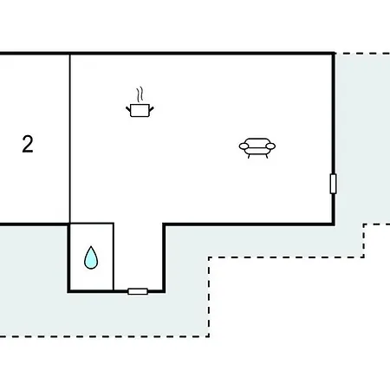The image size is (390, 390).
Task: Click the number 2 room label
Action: pyautogui.click(x=28, y=144)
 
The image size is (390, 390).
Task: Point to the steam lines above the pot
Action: pyautogui.click(x=140, y=94)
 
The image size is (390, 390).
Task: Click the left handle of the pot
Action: pyautogui.click(x=128, y=109)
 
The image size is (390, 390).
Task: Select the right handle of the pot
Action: pyautogui.click(x=152, y=109)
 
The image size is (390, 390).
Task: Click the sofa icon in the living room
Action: pyautogui.click(x=257, y=148)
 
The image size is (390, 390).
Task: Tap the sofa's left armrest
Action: pyautogui.click(x=244, y=146)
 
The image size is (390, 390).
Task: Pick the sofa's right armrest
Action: pyautogui.click(x=270, y=146)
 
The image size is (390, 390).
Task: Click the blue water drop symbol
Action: pyautogui.click(x=91, y=258)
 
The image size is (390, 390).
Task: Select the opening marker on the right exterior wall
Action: pyautogui.click(x=333, y=184)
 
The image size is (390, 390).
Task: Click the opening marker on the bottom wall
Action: pyautogui.click(x=138, y=291)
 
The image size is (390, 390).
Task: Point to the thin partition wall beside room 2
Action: pyautogui.click(x=70, y=139)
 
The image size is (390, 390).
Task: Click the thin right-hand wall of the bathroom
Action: pyautogui.click(x=114, y=257)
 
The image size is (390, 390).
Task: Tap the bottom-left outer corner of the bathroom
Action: pyautogui.click(x=68, y=292)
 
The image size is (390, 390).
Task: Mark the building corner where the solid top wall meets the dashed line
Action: pyautogui.click(x=334, y=53)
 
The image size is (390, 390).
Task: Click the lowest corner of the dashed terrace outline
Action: pyautogui.click(x=209, y=336)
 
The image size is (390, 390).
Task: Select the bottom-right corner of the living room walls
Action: pyautogui.click(x=334, y=224)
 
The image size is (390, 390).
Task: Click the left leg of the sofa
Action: pyautogui.click(x=249, y=156)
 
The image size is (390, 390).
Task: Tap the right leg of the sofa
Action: pyautogui.click(x=267, y=156)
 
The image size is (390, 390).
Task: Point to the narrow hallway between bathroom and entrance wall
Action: pyautogui.click(x=138, y=257)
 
